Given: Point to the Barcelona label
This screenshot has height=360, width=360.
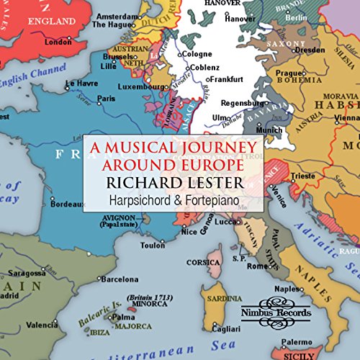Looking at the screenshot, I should pyautogui.click(x=119, y=279).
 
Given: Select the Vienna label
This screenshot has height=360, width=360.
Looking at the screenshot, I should pyautogui.click(x=346, y=116).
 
